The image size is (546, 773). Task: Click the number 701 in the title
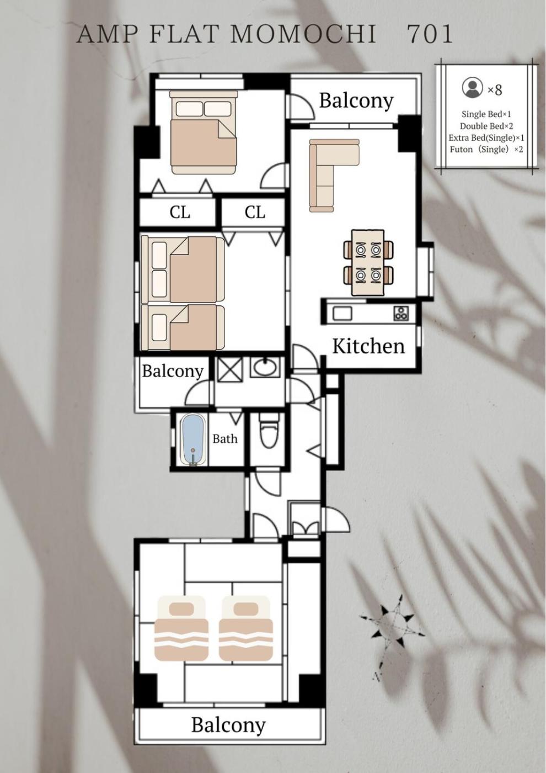pyautogui.click(x=430, y=34)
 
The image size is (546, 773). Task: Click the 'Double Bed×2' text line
pyautogui.click(x=486, y=126)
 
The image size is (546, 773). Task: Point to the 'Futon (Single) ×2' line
pyautogui.click(x=486, y=150)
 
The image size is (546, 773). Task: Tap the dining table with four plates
pyautogui.click(x=368, y=263)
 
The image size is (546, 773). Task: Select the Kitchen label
pyautogui.click(x=368, y=347)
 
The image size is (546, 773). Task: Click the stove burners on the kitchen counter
pyautogui.click(x=401, y=314)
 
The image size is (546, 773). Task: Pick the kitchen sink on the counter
pyautogui.click(x=342, y=314)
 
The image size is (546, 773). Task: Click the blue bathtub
pyautogui.click(x=192, y=440)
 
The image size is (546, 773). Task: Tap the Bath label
pyautogui.click(x=225, y=439)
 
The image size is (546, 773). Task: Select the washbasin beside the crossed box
pyautogui.click(x=265, y=367)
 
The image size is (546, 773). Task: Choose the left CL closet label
pyautogui.click(x=180, y=212)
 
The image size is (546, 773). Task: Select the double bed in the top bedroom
pyautogui.click(x=204, y=132)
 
